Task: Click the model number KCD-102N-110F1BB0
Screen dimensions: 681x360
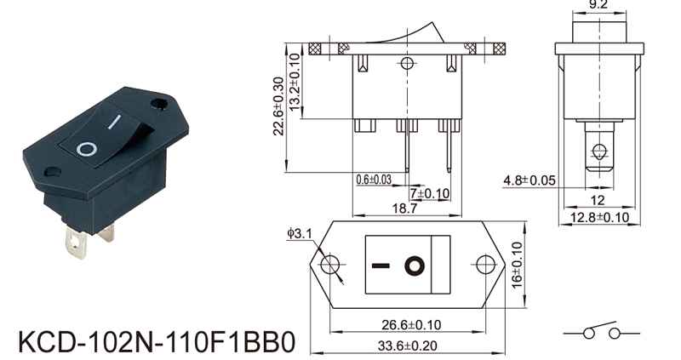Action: click(x=157, y=342)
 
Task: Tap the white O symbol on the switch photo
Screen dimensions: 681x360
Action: click(x=87, y=149)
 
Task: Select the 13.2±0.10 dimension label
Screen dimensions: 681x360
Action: click(x=295, y=82)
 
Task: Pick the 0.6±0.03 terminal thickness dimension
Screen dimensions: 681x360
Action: click(x=374, y=179)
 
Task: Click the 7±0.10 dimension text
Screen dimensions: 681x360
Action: click(x=430, y=193)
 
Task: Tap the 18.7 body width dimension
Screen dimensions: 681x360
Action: click(x=404, y=209)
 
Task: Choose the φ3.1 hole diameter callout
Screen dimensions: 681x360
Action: click(x=300, y=233)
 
